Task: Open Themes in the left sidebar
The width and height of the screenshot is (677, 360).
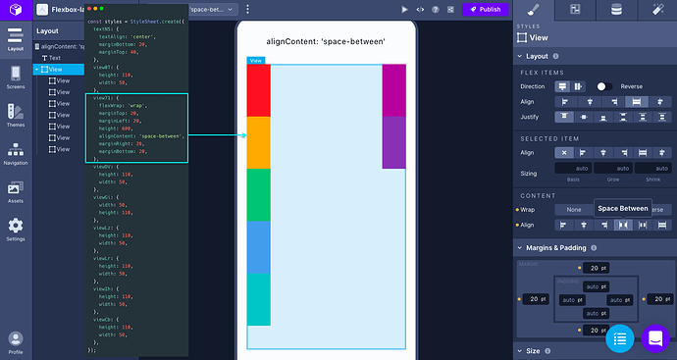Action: pos(15,115)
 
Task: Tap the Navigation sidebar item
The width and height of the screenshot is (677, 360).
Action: pos(15,154)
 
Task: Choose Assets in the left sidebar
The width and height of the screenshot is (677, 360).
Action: pos(15,190)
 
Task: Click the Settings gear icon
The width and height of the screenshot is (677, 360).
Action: pos(15,228)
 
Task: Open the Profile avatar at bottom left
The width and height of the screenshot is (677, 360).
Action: pos(15,339)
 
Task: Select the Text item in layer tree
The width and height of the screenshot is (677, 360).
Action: pos(55,58)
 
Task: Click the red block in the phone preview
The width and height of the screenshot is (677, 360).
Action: pos(258,90)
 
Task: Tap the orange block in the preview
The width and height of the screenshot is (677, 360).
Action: pos(258,142)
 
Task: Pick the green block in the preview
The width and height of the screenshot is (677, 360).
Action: pos(258,194)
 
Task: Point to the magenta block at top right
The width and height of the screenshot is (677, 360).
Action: pos(393,89)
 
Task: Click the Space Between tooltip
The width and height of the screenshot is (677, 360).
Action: pos(623,209)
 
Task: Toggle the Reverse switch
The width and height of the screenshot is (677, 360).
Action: pos(604,86)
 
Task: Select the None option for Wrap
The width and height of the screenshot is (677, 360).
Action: pos(575,210)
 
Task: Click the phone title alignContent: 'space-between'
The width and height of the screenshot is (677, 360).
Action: pos(325,42)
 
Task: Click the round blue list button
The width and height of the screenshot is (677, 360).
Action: pos(619,338)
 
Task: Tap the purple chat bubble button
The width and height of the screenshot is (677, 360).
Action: pos(654,338)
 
